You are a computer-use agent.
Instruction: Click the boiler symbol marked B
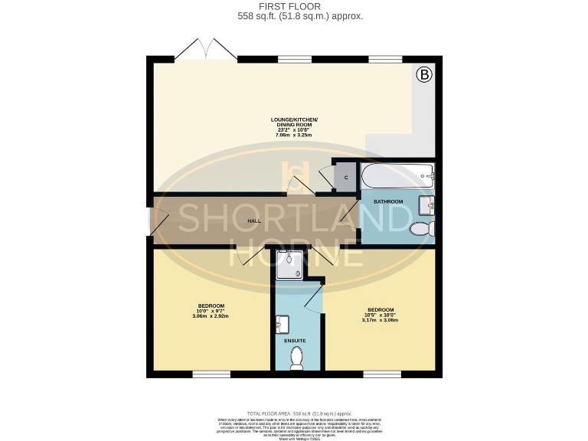pyautogui.click(x=424, y=75)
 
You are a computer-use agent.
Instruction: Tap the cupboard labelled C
pyautogui.click(x=346, y=177)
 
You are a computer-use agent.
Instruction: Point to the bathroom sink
pyautogui.click(x=427, y=204)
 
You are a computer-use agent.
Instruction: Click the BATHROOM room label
pyautogui.click(x=388, y=201)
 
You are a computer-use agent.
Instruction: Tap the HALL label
pyautogui.click(x=254, y=220)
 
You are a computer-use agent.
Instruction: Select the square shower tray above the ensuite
pyautogui.click(x=290, y=265)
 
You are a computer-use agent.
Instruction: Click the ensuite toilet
pyautogui.click(x=298, y=358)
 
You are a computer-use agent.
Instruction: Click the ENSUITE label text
pyautogui.click(x=296, y=341)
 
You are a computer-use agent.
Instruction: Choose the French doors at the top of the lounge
pyautogui.click(x=205, y=51)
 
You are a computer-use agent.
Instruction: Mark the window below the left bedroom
pyautogui.click(x=211, y=374)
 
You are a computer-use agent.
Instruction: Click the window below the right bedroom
pyautogui.click(x=382, y=374)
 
